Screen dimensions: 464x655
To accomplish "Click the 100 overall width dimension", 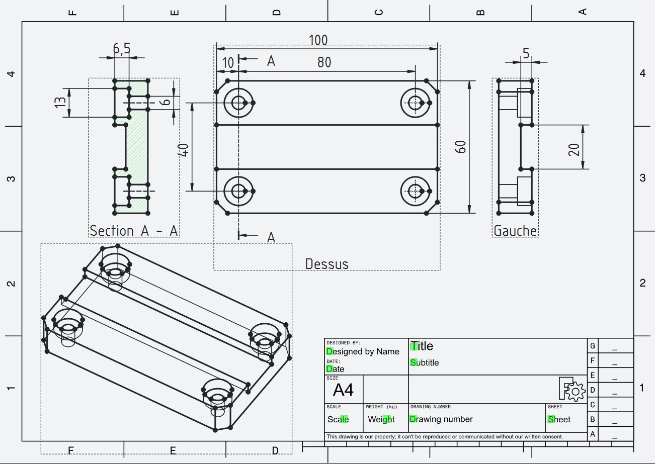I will (x=318, y=40).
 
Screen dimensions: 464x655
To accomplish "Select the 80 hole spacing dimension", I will (x=324, y=62).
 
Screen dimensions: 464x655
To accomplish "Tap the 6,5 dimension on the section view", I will (x=121, y=49).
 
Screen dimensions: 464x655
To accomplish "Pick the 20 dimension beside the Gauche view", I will (x=575, y=149).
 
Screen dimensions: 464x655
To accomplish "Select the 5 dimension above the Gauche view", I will (x=526, y=53).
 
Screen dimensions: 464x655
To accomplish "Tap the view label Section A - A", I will (x=134, y=231).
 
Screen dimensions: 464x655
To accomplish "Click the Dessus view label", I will (x=326, y=264).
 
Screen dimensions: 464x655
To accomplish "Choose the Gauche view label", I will (x=515, y=231).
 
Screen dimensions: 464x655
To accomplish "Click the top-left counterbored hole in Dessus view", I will (x=238, y=103).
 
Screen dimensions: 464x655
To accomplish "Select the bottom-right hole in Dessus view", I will (x=415, y=191).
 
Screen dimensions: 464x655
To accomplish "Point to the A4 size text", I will (x=343, y=390).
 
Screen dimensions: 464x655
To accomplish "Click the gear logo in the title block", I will (x=572, y=389).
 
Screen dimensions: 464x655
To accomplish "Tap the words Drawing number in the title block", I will (x=441, y=419).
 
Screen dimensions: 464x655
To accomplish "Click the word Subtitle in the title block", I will (x=425, y=362).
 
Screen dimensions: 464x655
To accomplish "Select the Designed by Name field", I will (x=363, y=351).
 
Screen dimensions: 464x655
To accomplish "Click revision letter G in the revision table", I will (x=593, y=346).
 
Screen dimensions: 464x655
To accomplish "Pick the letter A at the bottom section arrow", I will (x=271, y=237).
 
